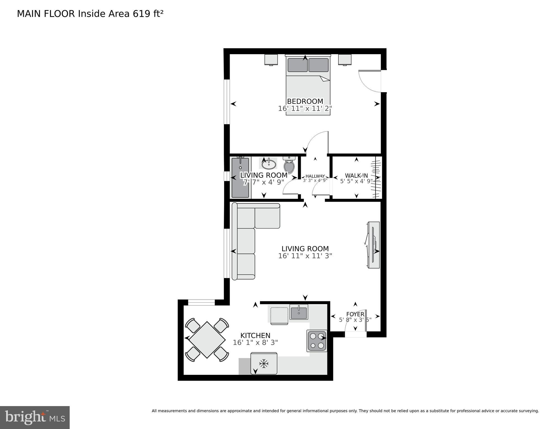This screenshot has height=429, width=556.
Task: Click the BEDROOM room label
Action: point(305,101)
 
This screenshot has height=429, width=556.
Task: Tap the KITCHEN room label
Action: point(255,335)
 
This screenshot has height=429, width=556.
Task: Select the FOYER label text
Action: point(355,314)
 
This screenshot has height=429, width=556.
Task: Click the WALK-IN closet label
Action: point(356,176)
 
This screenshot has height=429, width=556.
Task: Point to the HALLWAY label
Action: point(315,176)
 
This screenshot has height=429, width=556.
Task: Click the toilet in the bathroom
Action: point(289,165)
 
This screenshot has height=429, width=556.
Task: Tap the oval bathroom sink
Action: point(269,164)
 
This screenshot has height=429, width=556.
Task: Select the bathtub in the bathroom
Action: point(240,178)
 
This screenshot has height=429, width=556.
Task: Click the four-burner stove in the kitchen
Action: point(317,341)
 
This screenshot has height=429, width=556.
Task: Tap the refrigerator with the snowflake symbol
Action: point(264,363)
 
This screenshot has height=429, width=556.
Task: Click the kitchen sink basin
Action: point(299,312)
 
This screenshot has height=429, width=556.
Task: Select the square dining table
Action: point(207,340)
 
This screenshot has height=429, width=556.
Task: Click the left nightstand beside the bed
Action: point(271,60)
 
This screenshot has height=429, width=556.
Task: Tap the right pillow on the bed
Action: point(318,65)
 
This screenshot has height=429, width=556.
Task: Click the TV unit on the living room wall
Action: point(374,245)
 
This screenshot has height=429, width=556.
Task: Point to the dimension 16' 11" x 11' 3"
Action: point(305,256)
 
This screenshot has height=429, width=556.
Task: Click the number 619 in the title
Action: point(142,14)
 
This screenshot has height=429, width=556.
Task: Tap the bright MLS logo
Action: point(35,417)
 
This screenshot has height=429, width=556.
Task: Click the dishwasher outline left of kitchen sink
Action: point(279,315)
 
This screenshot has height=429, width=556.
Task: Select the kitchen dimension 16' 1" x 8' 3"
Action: point(255,343)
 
